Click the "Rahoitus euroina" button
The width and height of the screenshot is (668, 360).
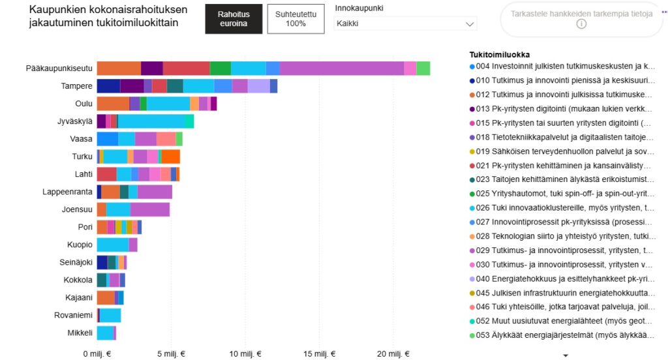coord(234,19)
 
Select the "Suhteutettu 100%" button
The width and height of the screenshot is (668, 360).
coord(296,19)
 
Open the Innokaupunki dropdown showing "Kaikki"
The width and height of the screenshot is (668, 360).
coord(405,23)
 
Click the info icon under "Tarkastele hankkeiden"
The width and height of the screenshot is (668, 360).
coord(581,24)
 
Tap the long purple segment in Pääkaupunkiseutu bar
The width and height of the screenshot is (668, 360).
coord(342,68)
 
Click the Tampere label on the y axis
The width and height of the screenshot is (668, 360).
coord(76,86)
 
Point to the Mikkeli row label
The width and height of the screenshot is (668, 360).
coord(80,333)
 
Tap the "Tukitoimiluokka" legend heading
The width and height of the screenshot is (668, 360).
coord(500,54)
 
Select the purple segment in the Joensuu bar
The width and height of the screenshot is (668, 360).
coord(150,209)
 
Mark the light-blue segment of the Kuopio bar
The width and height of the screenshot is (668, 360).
coord(113,245)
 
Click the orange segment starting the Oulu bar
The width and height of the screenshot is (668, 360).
coord(113,104)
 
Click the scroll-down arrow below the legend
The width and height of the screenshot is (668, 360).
coord(566,355)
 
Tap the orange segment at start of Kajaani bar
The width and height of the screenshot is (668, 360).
coord(106,297)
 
